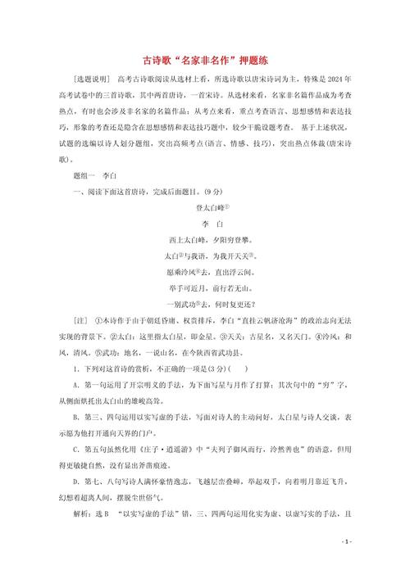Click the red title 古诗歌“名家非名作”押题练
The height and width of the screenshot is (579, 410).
pos(205,60)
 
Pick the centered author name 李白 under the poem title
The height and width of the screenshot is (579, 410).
pos(205,224)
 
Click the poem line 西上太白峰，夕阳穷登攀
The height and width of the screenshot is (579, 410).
pos(205,240)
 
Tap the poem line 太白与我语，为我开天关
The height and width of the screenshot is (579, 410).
pos(205,256)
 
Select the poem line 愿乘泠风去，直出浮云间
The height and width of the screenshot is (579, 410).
pos(205,271)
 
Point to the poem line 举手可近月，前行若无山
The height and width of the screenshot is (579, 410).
pos(205,287)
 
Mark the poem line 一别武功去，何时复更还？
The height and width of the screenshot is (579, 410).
pos(205,303)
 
